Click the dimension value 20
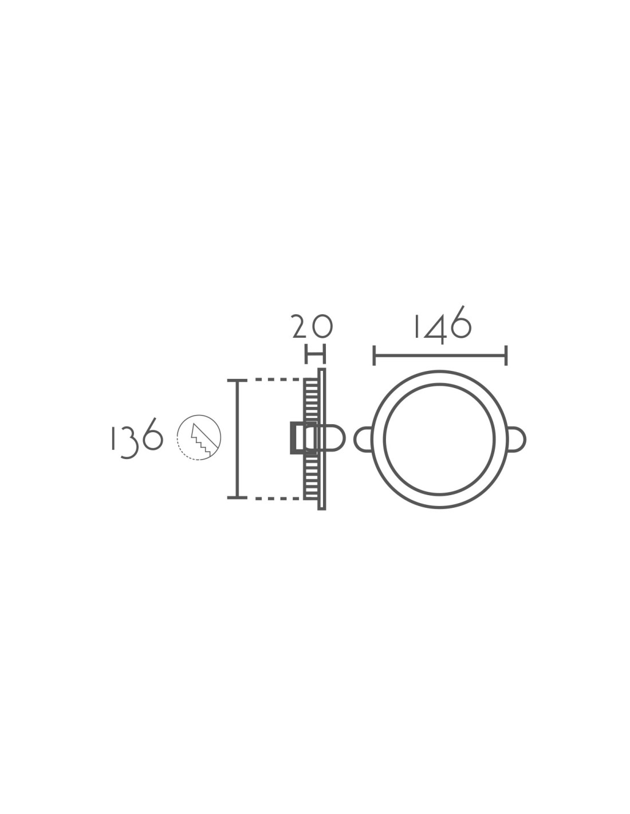312,326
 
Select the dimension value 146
442,325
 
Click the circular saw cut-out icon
199,437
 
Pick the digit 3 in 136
128,441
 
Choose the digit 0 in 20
322,327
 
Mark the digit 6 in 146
460,322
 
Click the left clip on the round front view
363,439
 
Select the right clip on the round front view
517,439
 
